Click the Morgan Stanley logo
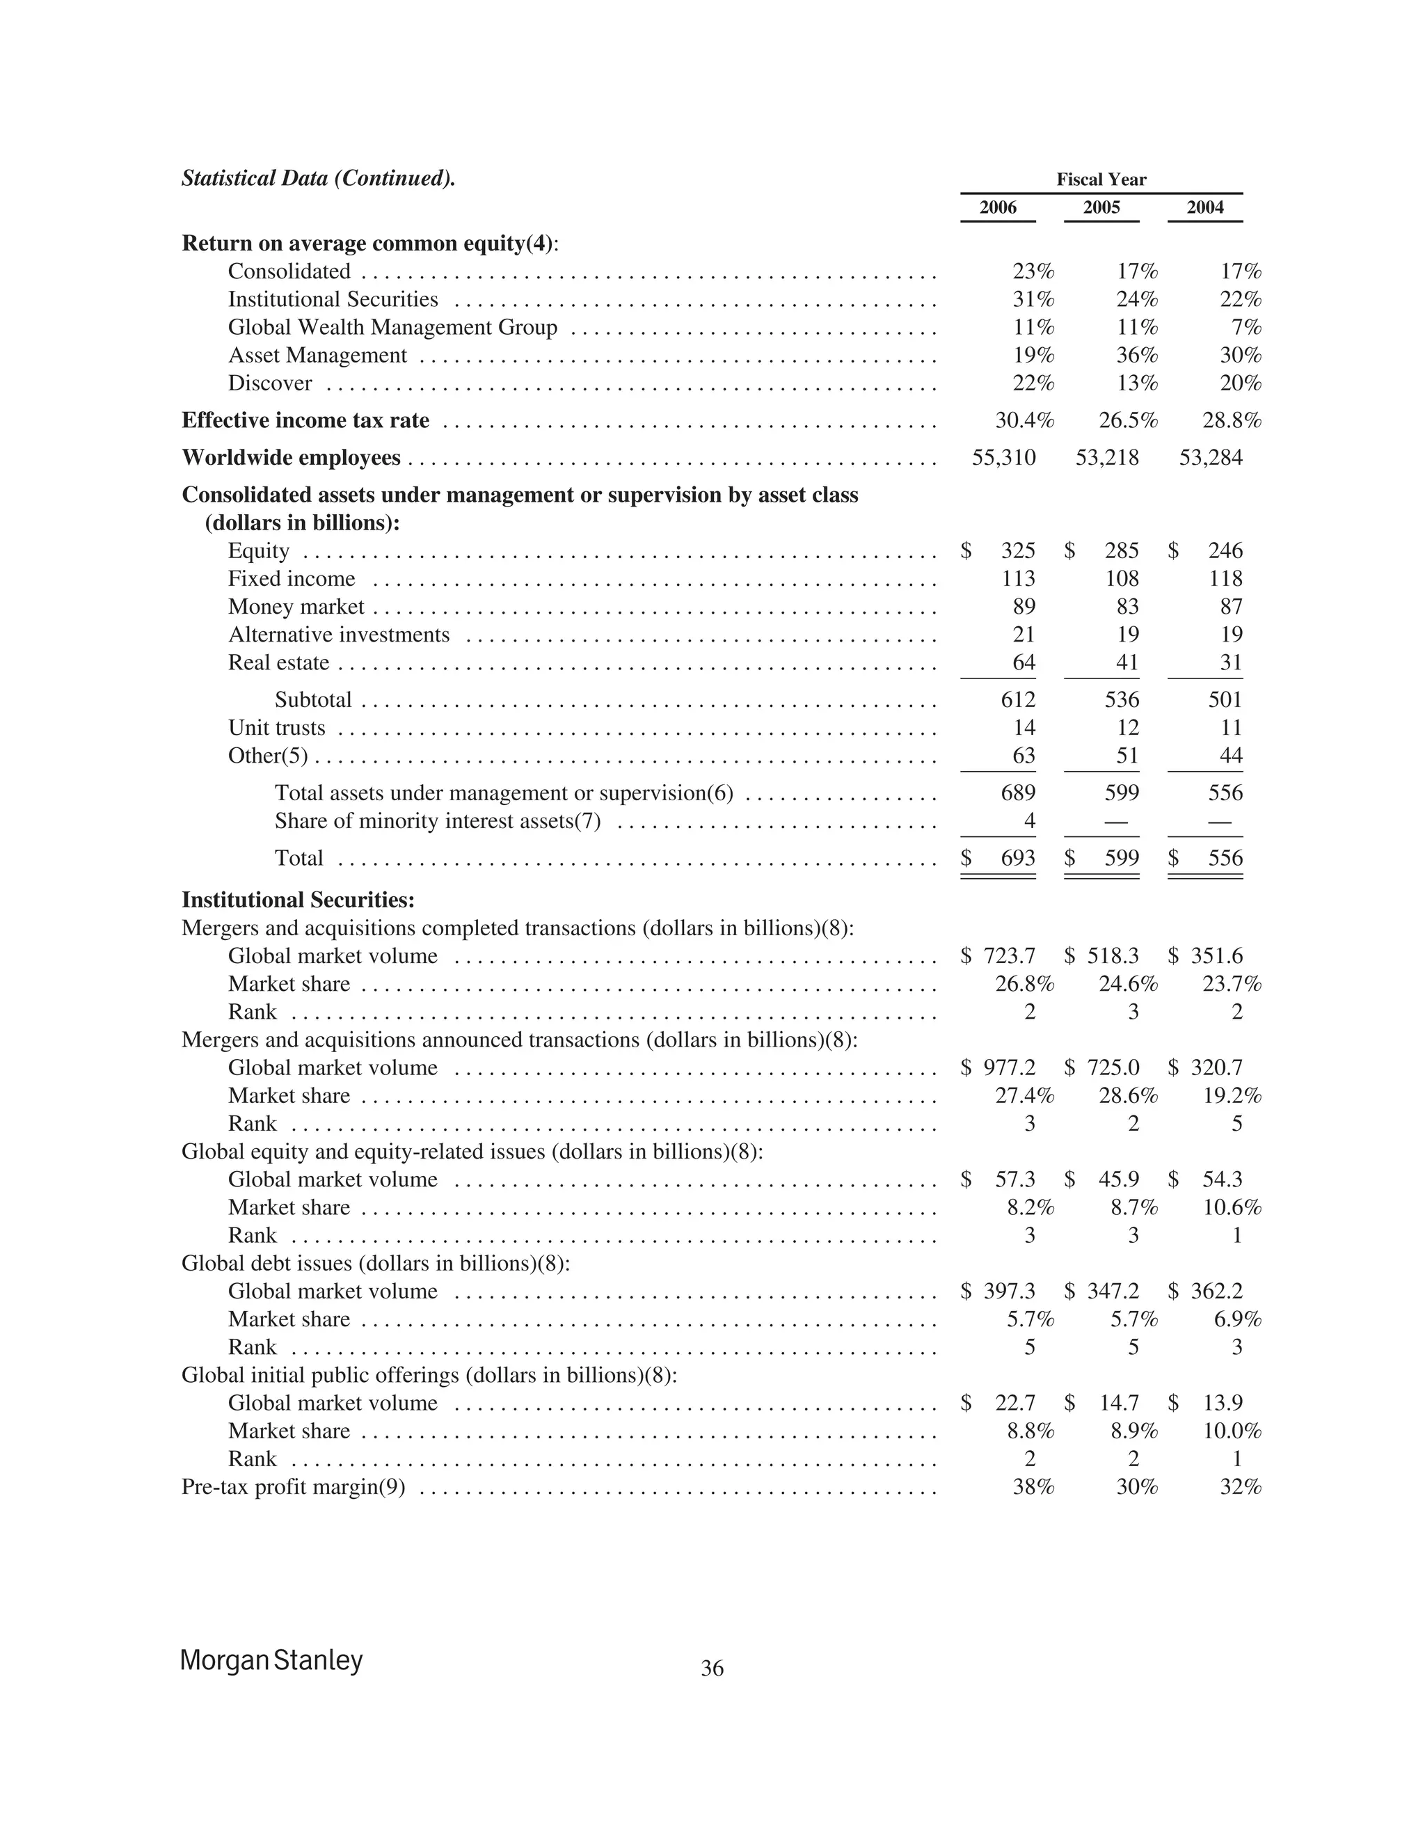pos(271,1660)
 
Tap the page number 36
pos(712,1669)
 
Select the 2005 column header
pos(1101,207)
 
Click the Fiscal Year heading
pos(1101,179)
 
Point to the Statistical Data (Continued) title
pos(318,178)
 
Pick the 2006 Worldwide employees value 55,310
pos(1004,458)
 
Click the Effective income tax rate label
pos(305,420)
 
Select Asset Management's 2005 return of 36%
pos(1136,356)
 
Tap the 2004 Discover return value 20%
pos(1240,383)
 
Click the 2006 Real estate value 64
pos(1023,662)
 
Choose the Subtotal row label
pos(312,700)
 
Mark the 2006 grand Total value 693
pos(1017,858)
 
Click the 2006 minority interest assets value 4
pos(1029,820)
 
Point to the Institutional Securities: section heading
pos(298,900)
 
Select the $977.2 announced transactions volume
pos(1009,1068)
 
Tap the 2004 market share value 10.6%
pos(1232,1207)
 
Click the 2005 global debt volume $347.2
pos(1112,1291)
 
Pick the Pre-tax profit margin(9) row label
pos(293,1487)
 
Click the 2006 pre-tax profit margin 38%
pos(1033,1487)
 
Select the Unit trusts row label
pos(276,728)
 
